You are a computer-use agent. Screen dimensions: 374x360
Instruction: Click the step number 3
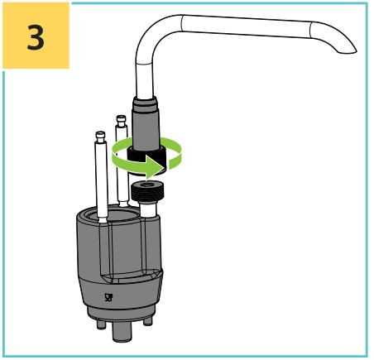click(x=36, y=36)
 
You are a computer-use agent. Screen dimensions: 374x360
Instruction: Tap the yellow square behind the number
click(x=36, y=36)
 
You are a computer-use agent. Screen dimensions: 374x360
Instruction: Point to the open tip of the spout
click(x=346, y=51)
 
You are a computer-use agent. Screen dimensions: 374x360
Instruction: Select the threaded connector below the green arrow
click(x=147, y=192)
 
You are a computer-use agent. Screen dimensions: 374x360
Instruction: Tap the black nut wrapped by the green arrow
click(x=146, y=158)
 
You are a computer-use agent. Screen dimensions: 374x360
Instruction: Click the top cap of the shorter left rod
click(x=100, y=137)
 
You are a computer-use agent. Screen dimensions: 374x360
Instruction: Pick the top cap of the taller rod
click(x=121, y=121)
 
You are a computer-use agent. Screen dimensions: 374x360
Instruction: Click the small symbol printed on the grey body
click(x=108, y=297)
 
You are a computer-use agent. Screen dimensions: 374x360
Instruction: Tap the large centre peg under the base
click(x=122, y=331)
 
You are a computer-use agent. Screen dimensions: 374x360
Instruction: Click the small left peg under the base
click(x=101, y=324)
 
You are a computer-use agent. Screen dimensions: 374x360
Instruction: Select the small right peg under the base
click(x=148, y=320)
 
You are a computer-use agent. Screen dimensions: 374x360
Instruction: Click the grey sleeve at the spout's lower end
click(x=146, y=122)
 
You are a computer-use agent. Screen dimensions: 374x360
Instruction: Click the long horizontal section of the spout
click(x=247, y=26)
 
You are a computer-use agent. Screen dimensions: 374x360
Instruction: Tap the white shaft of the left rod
click(x=101, y=180)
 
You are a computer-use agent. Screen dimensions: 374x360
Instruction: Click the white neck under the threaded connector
click(x=149, y=210)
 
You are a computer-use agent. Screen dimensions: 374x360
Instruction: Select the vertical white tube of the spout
click(x=145, y=80)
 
